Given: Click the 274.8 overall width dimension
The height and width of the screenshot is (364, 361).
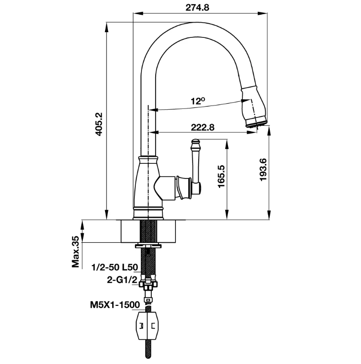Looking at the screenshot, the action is (x=197, y=8).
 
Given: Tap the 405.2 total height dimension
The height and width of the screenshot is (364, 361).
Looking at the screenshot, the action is (x=99, y=124).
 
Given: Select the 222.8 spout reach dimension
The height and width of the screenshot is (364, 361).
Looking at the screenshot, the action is (x=203, y=127).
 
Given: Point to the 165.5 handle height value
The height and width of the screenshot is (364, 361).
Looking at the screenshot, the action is (x=221, y=177).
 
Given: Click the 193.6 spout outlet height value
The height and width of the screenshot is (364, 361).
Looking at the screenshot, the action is (x=264, y=170).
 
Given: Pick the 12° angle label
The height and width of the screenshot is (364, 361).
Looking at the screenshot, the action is (x=198, y=101).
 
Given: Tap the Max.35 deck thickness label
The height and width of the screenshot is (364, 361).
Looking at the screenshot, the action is (x=76, y=252).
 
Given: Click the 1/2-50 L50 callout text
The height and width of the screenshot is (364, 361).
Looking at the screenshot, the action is (x=115, y=267).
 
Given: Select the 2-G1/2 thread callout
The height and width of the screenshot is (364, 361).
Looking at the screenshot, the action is (x=122, y=280).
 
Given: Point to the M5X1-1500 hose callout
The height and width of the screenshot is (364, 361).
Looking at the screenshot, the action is (x=115, y=304).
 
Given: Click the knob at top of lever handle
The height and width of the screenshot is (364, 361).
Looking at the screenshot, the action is (x=195, y=142).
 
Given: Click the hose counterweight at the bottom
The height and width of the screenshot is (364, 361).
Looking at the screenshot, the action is (x=148, y=326).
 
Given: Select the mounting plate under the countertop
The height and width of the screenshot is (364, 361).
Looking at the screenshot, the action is (x=148, y=245).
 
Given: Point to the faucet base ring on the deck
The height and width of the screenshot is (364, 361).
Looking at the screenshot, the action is (x=148, y=213).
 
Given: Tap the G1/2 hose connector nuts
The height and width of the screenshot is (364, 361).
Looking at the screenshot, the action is (x=148, y=284).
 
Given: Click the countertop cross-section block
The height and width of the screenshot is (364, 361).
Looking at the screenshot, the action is (x=148, y=231).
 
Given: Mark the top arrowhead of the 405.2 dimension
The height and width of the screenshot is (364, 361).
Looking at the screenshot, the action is (x=106, y=27).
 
